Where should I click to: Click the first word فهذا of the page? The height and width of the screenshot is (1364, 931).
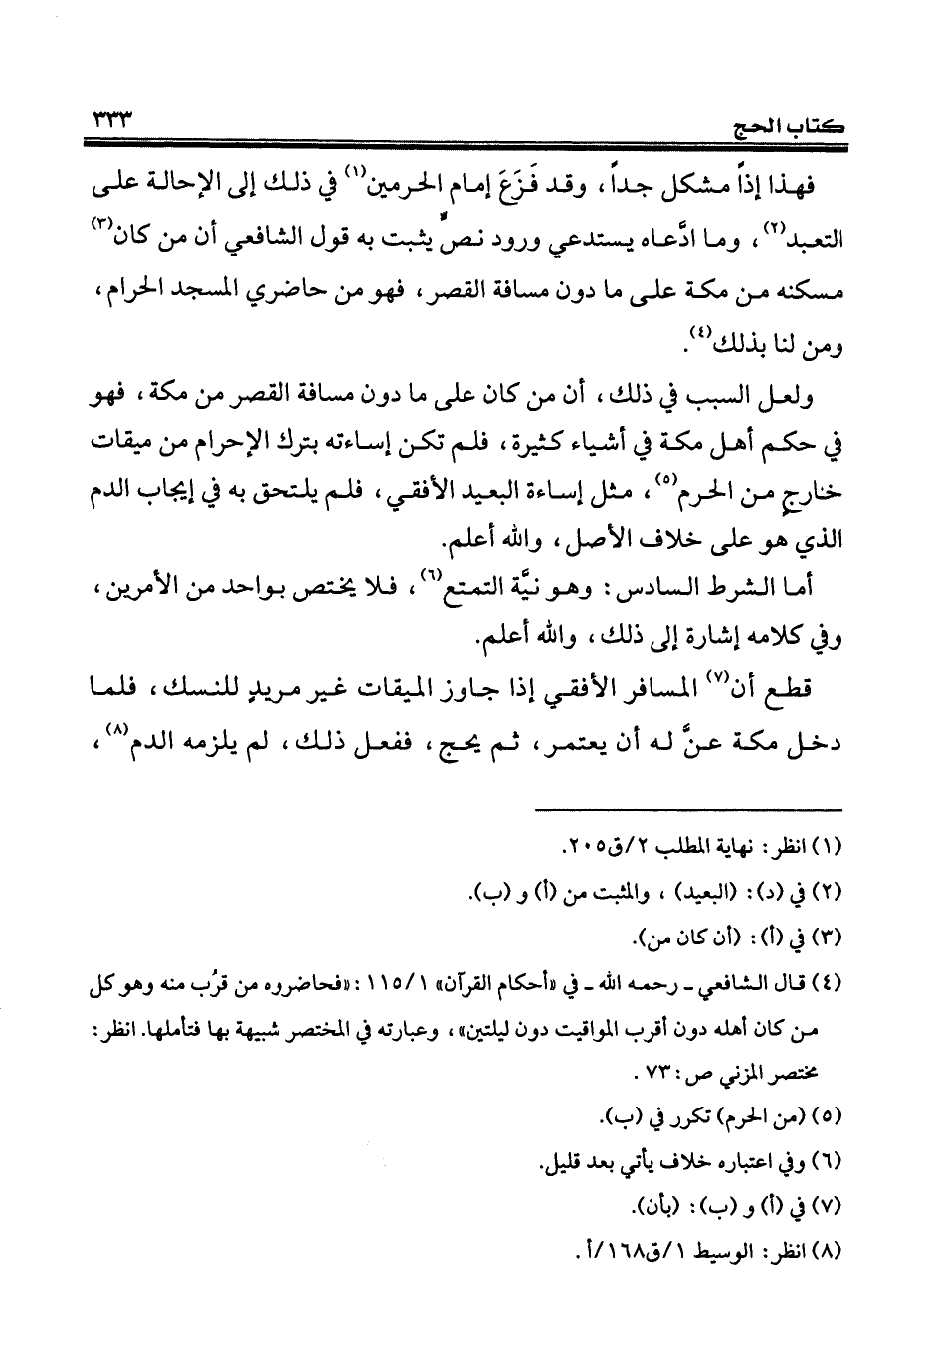(x=806, y=187)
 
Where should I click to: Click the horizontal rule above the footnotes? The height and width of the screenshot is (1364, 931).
(x=685, y=809)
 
